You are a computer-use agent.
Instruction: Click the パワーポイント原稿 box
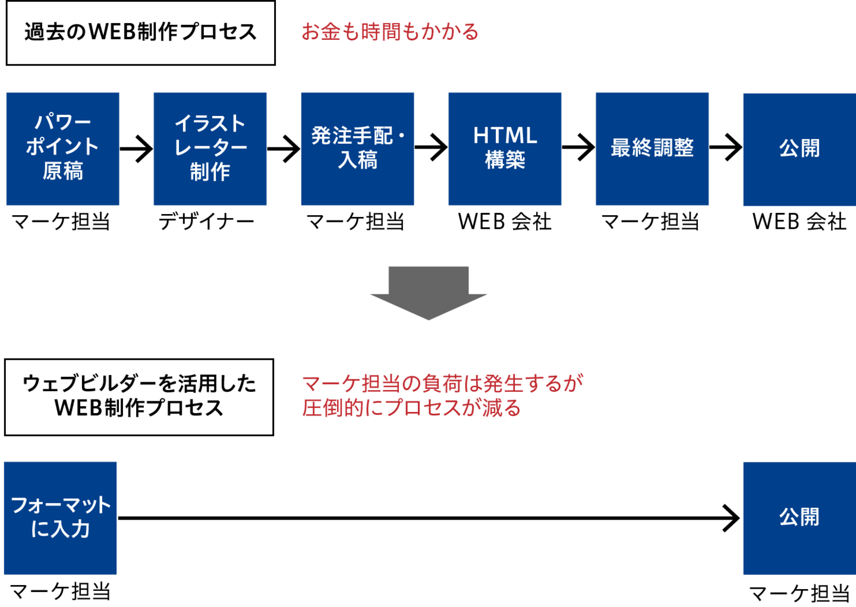tap(63, 149)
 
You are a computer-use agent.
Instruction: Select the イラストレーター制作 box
tap(210, 149)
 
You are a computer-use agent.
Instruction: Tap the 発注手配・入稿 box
tap(358, 149)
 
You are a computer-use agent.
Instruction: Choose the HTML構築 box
tap(505, 149)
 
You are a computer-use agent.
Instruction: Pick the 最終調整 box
tap(652, 149)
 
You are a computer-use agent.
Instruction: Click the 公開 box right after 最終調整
tap(800, 149)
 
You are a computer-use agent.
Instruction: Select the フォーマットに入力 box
tap(61, 518)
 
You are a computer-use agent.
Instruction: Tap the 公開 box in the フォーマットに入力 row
tap(800, 518)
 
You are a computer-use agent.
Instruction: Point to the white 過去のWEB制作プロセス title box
tap(141, 33)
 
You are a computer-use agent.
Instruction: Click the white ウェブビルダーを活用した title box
tap(139, 397)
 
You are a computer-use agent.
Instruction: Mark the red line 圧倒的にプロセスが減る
tap(411, 408)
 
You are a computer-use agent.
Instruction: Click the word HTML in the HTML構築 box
tap(505, 136)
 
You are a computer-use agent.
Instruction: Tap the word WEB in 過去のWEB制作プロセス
tap(112, 32)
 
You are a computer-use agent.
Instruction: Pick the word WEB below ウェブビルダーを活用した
tap(78, 408)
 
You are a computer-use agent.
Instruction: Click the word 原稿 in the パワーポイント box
tap(63, 171)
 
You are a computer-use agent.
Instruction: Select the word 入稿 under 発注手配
tap(358, 161)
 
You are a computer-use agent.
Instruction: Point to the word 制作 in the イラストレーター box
tap(210, 172)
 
